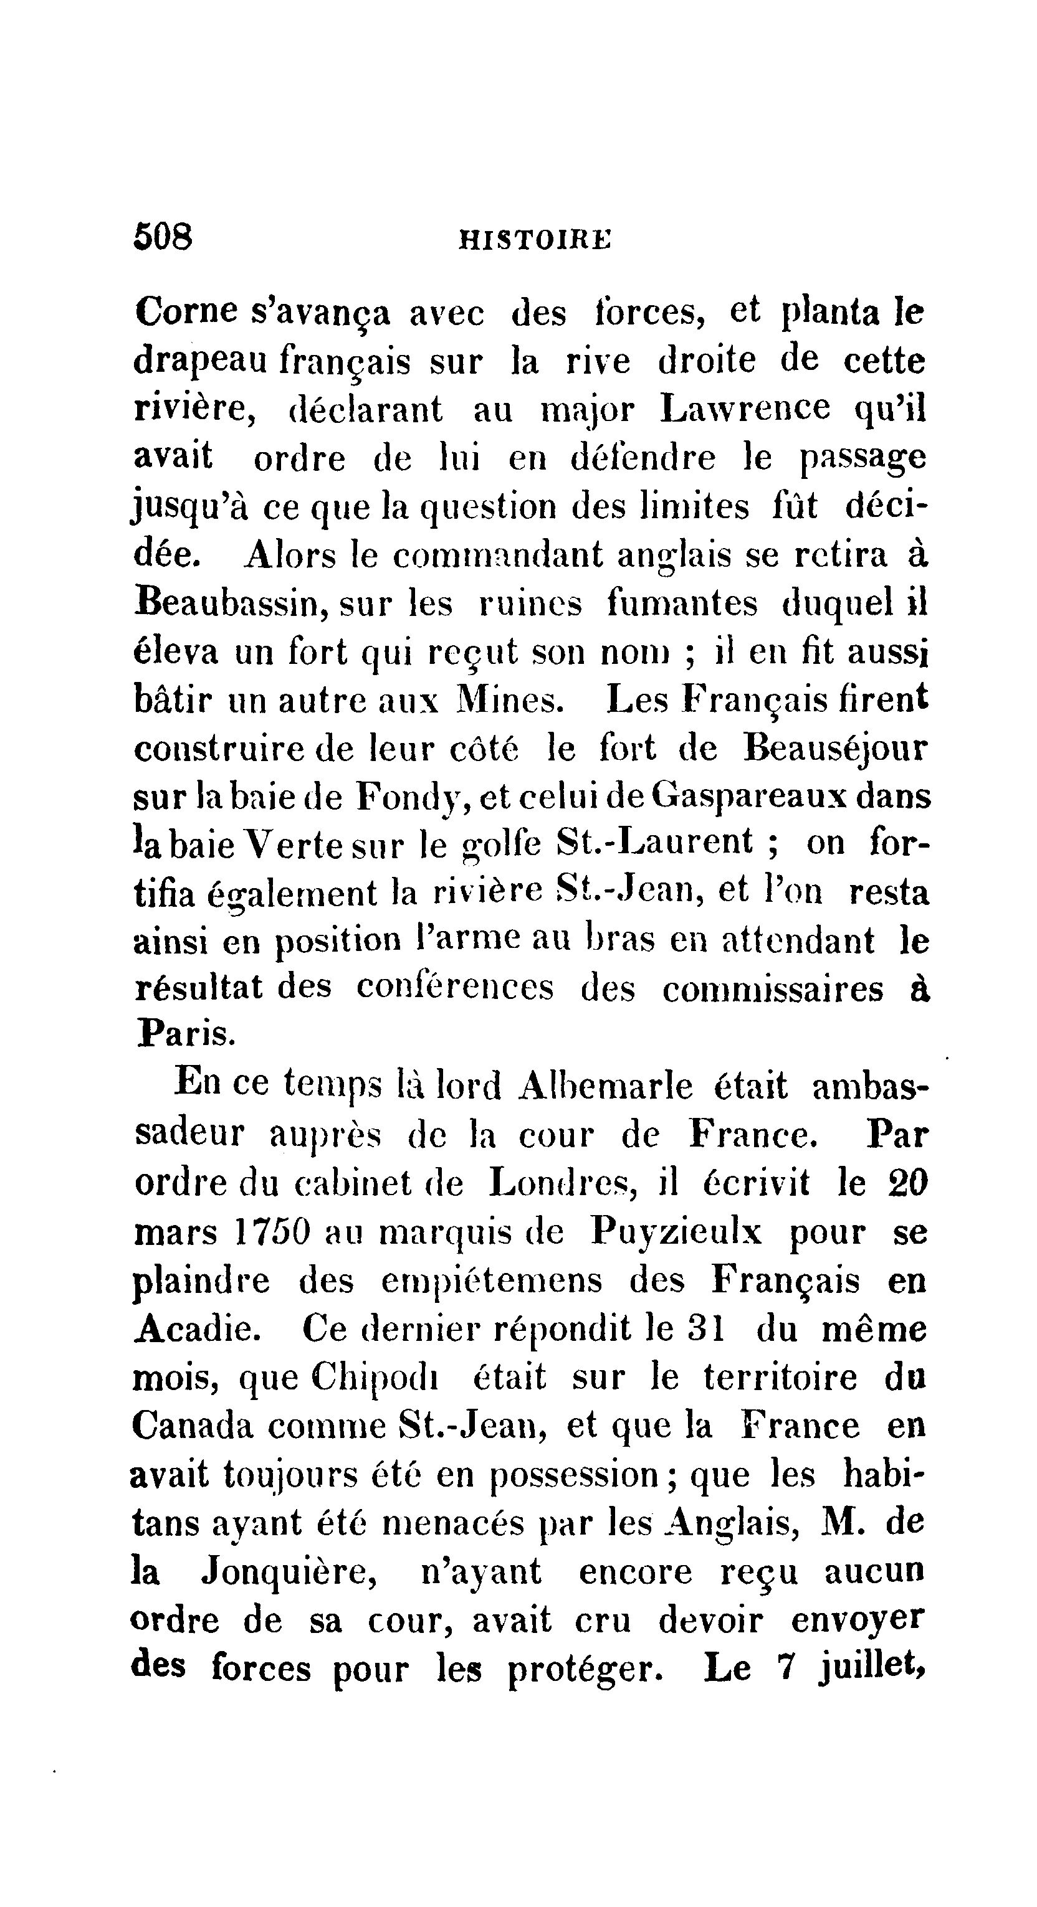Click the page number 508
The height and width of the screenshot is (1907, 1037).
pyautogui.click(x=163, y=238)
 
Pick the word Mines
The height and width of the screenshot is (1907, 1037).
pyautogui.click(x=510, y=700)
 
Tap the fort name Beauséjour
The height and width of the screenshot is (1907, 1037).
pyautogui.click(x=834, y=749)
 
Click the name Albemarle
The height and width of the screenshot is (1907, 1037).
pyautogui.click(x=606, y=1087)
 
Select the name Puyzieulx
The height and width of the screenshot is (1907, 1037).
pyautogui.click(x=676, y=1233)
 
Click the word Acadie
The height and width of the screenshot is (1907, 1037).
pyautogui.click(x=196, y=1330)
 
